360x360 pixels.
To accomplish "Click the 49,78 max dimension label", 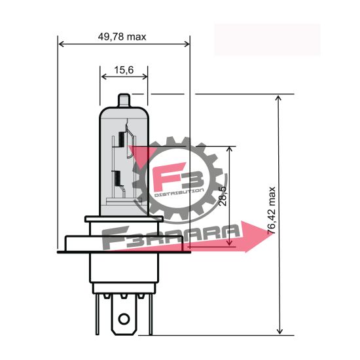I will pyautogui.click(x=122, y=37).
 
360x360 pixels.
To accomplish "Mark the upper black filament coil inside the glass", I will pyautogui.click(x=121, y=140).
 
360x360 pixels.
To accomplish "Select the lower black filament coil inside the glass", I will pyautogui.click(x=117, y=179).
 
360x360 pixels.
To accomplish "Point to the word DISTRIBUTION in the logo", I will pyautogui.click(x=179, y=194).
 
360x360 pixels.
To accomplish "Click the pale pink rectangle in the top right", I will pyautogui.click(x=267, y=39).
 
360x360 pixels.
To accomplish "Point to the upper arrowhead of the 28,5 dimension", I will pyautogui.click(x=229, y=150).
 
